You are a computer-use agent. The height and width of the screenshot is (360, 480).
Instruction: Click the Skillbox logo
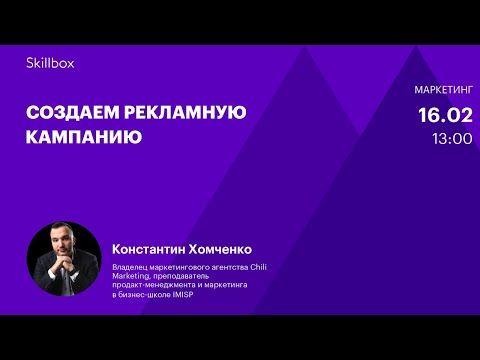coord(50,62)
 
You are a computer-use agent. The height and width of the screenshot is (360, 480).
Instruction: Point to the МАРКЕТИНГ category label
coord(443,90)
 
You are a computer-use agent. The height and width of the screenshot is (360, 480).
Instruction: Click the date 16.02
coord(445,116)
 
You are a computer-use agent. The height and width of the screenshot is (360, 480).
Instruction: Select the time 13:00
coord(452,139)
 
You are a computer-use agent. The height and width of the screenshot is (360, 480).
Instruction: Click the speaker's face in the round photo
coord(63,245)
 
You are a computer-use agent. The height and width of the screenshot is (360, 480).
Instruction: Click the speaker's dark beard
coord(63,256)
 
